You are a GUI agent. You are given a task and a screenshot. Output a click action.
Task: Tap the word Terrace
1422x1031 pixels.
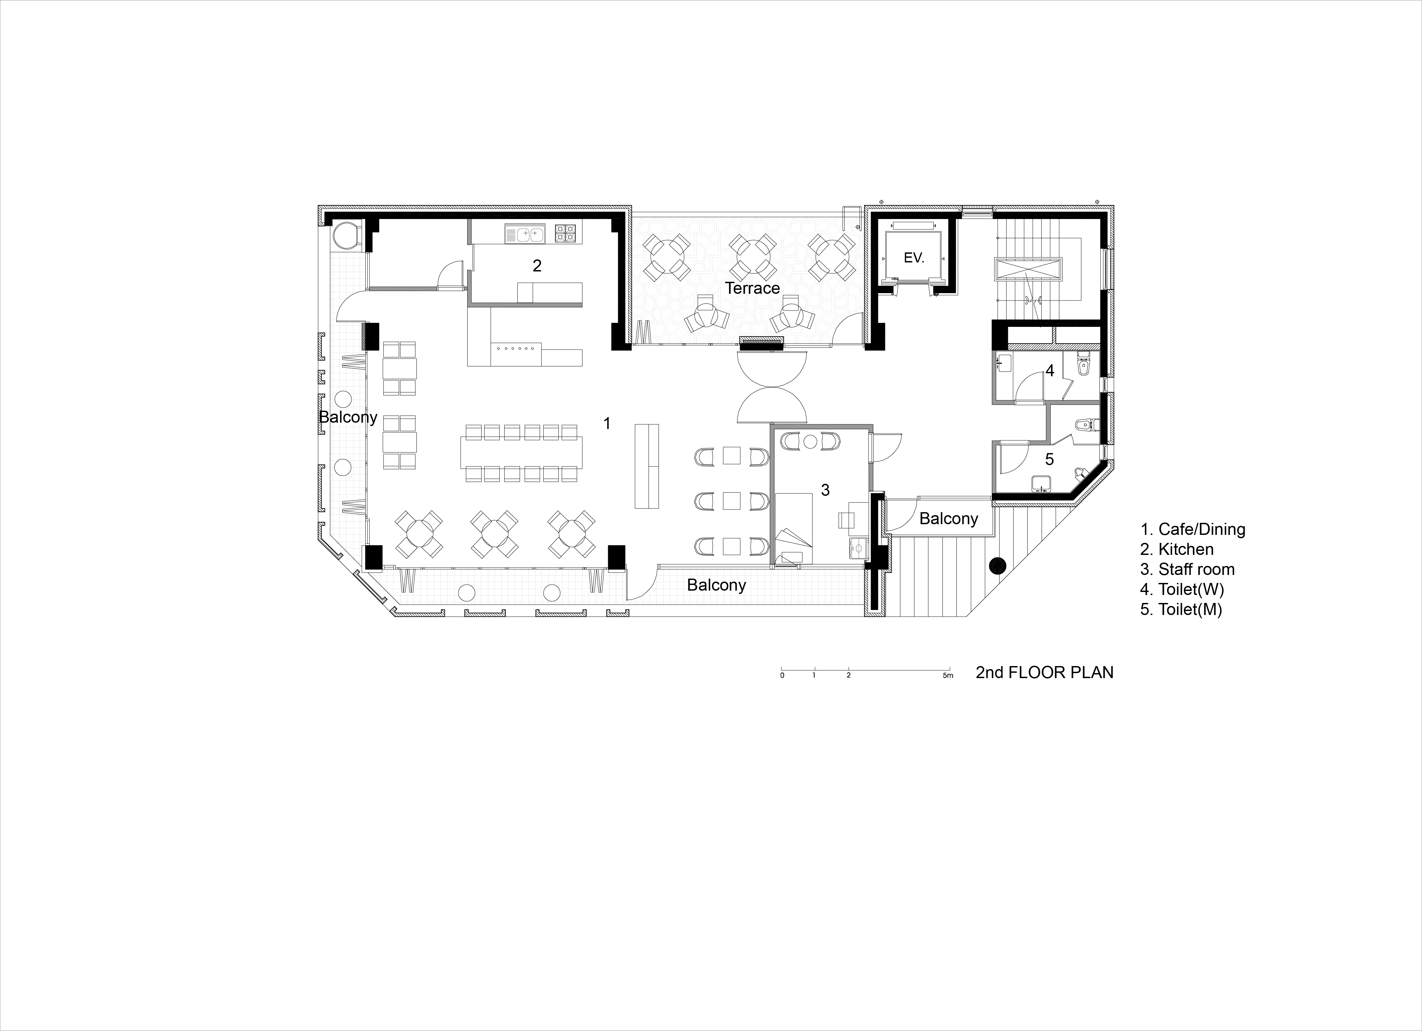[752, 288]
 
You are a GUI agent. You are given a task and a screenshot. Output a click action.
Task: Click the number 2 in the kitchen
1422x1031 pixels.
[537, 266]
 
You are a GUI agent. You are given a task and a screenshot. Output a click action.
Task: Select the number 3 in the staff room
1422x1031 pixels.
[825, 490]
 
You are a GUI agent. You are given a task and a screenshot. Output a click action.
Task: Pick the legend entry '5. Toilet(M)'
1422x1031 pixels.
[1181, 609]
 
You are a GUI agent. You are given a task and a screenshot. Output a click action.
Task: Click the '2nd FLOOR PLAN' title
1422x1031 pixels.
[1045, 672]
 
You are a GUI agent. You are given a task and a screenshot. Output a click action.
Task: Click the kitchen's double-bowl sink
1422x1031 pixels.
[525, 234]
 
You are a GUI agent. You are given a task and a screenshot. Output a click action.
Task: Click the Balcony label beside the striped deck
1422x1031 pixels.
[949, 519]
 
